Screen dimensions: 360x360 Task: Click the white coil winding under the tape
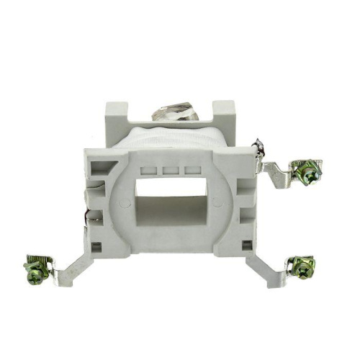click(173, 137)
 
